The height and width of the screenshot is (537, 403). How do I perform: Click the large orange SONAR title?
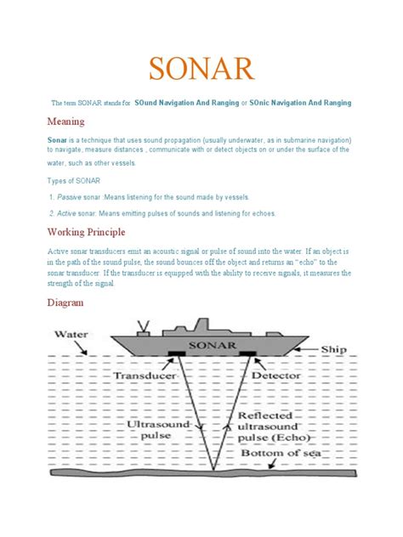click(x=201, y=67)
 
